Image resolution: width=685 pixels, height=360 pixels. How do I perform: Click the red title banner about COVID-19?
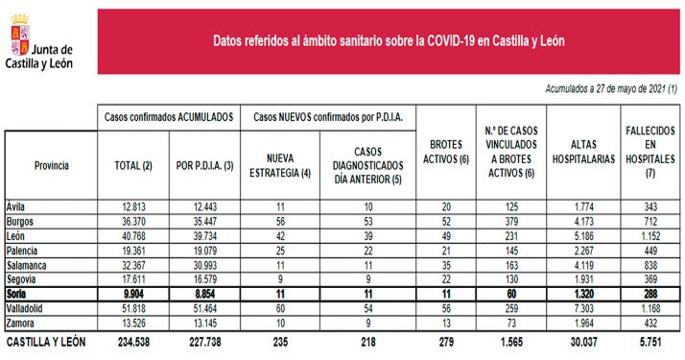tap(388, 41)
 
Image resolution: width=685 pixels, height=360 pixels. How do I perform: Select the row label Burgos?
tap(22, 220)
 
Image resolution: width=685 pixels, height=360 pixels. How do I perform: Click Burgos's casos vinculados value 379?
tap(509, 221)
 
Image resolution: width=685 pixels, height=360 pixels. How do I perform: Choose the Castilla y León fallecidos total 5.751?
tap(650, 340)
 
